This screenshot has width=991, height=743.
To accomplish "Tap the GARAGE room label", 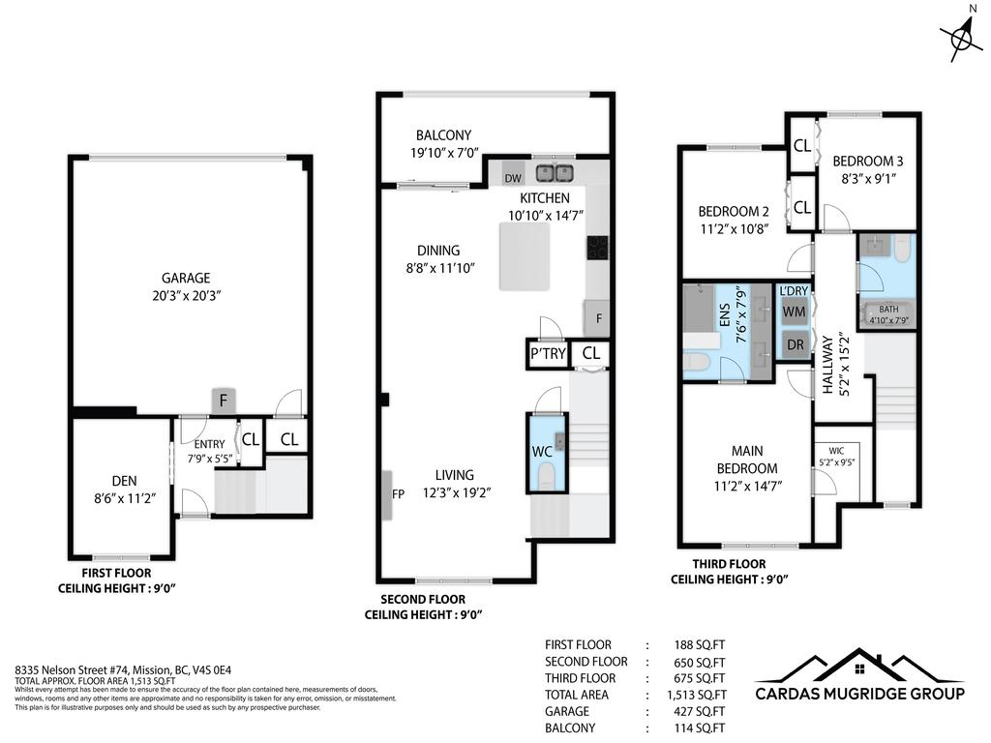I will coord(185,278).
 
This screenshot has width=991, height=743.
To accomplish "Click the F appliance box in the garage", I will coord(224,400).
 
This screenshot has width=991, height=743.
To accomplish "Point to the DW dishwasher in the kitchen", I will coord(513,178).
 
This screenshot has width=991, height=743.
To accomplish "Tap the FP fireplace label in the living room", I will coord(397,493).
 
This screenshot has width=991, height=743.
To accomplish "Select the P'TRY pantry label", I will coord(548,354).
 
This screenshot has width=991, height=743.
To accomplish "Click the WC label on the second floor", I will coord(542,451).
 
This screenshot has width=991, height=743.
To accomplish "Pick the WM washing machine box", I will coord(795,312).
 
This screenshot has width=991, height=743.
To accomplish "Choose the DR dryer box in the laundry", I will coord(795,344).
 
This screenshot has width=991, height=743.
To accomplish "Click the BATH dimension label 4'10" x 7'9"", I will coord(888,320).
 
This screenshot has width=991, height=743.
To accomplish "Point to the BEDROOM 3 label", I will coord(868,161).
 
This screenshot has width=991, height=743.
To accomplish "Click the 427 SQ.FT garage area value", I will coord(700,711).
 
